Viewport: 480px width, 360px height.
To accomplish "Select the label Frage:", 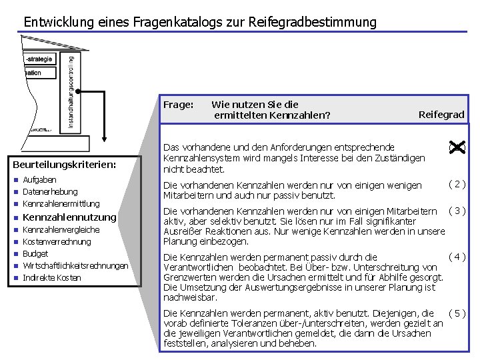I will coord(179,105).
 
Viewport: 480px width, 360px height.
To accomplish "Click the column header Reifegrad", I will coord(441,115).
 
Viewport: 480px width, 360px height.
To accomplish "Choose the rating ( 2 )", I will coord(457,184).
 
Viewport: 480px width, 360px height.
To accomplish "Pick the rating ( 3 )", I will coord(457,211).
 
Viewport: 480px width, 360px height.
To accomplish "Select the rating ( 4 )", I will coord(457,257).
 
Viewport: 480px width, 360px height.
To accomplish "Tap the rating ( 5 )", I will coord(457,313).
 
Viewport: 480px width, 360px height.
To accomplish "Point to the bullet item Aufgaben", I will coord(40,180).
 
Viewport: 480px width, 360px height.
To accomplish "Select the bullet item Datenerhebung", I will coord(50,192).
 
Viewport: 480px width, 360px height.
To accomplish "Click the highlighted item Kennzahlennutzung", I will coord(69,217).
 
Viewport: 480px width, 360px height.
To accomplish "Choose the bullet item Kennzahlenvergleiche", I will coord(61,229).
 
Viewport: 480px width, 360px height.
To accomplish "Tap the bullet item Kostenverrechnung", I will coord(57,241).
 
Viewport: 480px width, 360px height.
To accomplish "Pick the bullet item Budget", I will coord(35,253).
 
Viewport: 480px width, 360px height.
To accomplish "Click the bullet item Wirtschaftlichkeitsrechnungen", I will coord(75,265).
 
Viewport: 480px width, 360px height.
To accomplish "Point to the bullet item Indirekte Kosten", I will coord(51,277).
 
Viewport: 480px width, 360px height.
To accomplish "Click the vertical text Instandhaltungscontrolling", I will coord(71,91).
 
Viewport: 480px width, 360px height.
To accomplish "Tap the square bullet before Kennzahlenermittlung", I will coord(16,204).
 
